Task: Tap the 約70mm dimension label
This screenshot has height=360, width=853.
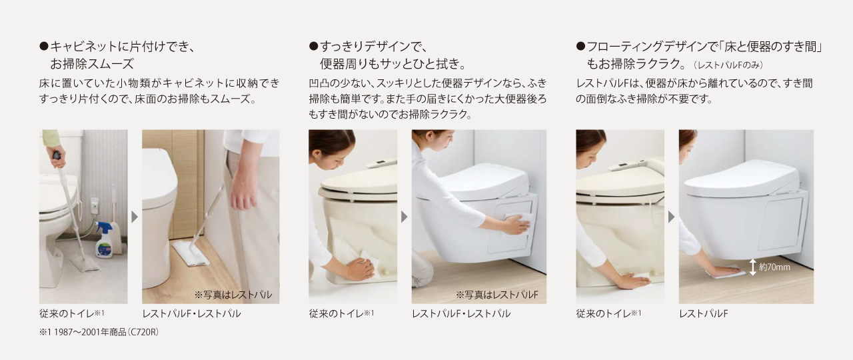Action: click(774, 267)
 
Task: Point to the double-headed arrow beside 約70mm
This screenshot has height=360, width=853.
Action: click(752, 267)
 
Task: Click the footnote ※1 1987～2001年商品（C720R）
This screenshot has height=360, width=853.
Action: click(99, 332)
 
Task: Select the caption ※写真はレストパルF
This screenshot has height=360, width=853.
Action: click(497, 295)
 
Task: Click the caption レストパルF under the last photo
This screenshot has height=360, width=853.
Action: click(703, 313)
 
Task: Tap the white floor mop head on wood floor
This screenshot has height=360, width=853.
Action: click(191, 253)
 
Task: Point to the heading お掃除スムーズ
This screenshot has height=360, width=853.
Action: click(92, 63)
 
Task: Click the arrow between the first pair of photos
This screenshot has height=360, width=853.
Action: click(135, 217)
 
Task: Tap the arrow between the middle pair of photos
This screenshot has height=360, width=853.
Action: click(404, 217)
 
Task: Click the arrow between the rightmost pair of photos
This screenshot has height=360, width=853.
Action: click(671, 217)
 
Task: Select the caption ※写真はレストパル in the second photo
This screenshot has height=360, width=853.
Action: click(233, 295)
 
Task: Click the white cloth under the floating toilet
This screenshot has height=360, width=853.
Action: click(726, 273)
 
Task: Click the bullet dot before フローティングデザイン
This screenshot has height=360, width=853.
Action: click(580, 47)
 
